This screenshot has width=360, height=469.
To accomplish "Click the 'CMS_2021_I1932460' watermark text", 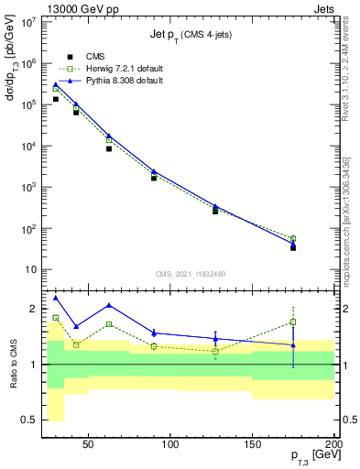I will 191,273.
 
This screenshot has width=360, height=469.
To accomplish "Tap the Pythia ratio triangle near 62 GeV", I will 109,305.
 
